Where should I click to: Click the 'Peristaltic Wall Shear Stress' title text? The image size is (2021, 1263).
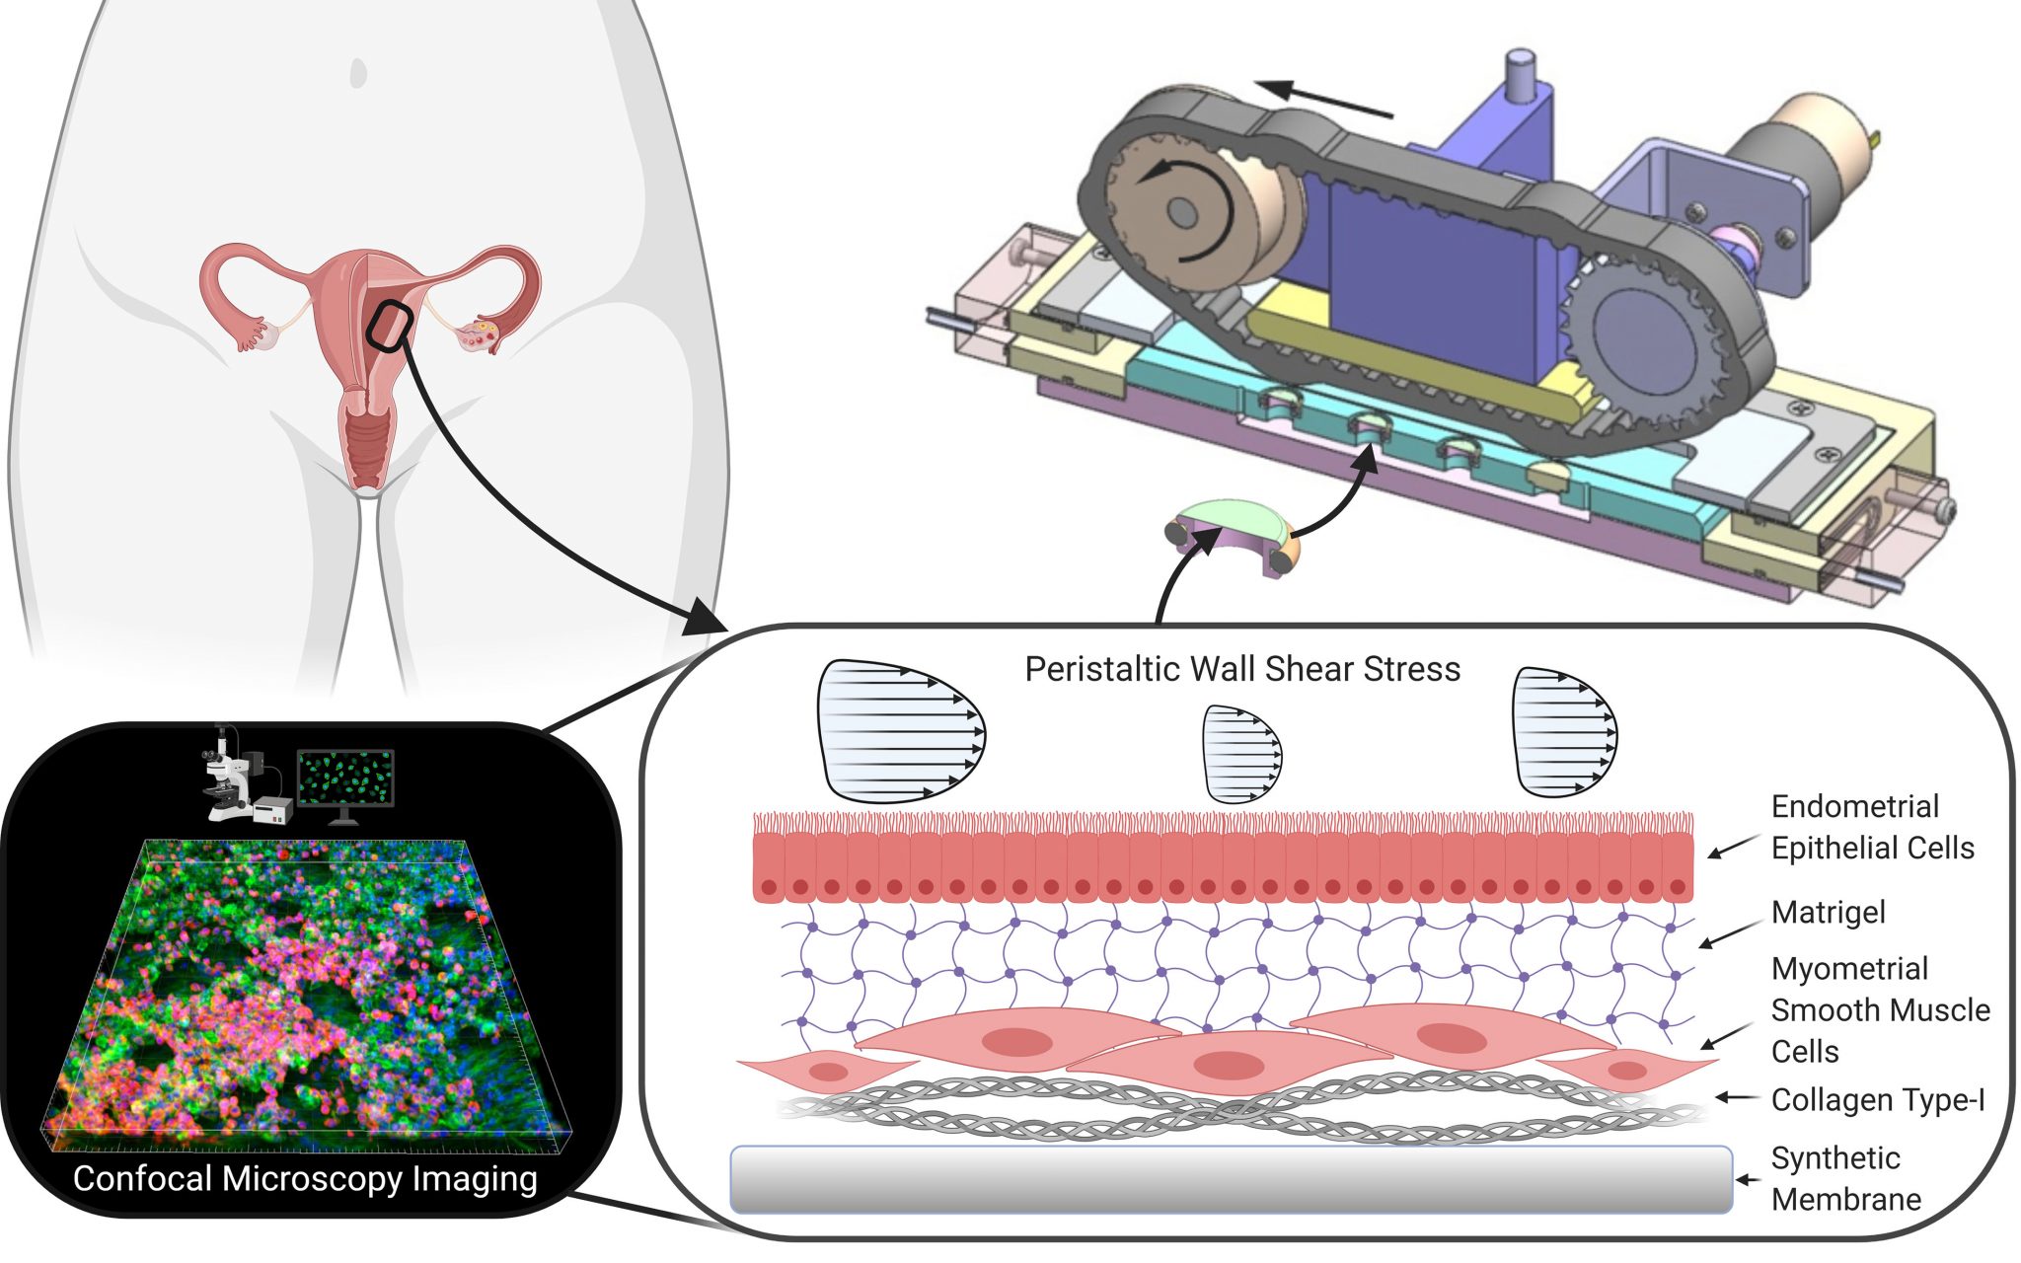pyautogui.click(x=1241, y=669)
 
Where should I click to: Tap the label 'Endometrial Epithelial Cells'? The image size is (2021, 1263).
pyautogui.click(x=1871, y=827)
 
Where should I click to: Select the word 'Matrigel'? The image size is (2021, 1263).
pyautogui.click(x=1828, y=912)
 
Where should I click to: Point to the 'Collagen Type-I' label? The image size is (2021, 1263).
pyautogui.click(x=1877, y=1099)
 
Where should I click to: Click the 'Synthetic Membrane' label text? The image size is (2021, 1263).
pyautogui.click(x=1845, y=1178)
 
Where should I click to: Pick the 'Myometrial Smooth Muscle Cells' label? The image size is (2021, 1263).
pyautogui.click(x=1879, y=1009)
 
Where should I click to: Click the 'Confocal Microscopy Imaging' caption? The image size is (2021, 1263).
pyautogui.click(x=305, y=1178)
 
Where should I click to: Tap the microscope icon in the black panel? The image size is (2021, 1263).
pyautogui.click(x=237, y=778)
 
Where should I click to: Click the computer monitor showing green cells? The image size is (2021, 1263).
pyautogui.click(x=345, y=778)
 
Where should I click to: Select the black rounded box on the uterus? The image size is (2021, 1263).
pyautogui.click(x=389, y=326)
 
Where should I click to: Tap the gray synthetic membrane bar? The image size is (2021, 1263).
pyautogui.click(x=1230, y=1179)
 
